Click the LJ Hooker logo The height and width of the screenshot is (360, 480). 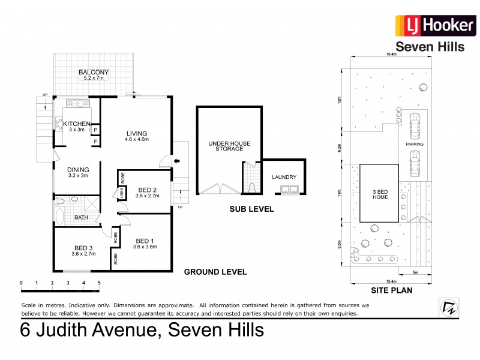click(x=429, y=27)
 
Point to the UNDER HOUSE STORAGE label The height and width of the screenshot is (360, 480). click(x=226, y=146)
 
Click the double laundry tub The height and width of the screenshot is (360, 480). click(x=285, y=190)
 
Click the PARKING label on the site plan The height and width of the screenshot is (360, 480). click(x=414, y=145)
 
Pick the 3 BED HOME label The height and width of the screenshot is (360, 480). click(x=380, y=195)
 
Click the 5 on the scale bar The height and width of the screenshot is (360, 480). click(x=99, y=282)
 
